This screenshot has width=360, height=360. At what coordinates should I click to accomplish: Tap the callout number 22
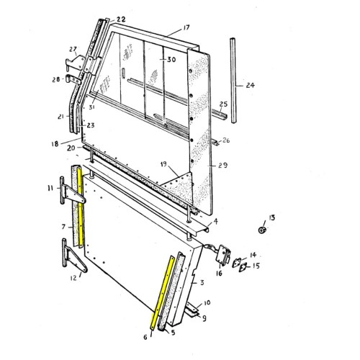click(x=120, y=19)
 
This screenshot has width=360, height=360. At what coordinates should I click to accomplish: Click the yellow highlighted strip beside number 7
click(x=82, y=209)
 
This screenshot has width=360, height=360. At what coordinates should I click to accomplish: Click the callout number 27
click(x=73, y=49)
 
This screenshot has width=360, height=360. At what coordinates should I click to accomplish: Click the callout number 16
click(x=218, y=273)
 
